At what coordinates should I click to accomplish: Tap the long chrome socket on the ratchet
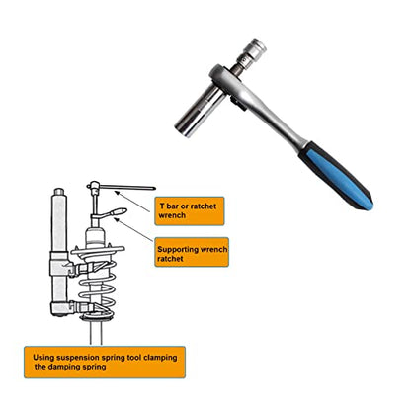[x=200, y=111]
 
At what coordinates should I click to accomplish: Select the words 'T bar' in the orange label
[x=169, y=206]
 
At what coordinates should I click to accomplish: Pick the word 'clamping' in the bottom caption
[x=160, y=358]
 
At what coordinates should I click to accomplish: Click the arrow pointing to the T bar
[x=131, y=202]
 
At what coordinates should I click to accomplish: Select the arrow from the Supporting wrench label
[x=133, y=230]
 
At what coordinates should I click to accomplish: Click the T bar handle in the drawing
[x=122, y=188]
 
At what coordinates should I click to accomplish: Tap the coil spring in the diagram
[x=97, y=287]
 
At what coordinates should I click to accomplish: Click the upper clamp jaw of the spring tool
[x=89, y=267]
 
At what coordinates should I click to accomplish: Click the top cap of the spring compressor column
[x=59, y=192]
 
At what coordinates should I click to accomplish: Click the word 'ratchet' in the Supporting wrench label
[x=170, y=259]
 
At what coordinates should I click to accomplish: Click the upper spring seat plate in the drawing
[x=98, y=250]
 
